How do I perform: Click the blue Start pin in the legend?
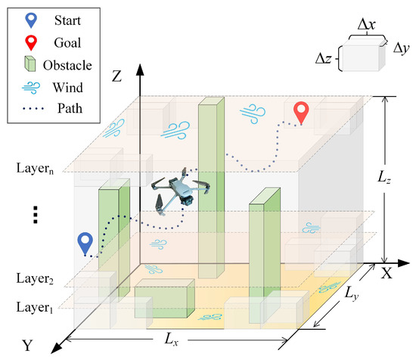pos(31,20)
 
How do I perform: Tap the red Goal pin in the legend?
pos(31,43)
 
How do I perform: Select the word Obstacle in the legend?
pos(67,65)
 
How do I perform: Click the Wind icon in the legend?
pos(31,88)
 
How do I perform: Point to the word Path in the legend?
pos(70,108)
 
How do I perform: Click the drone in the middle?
pos(180,191)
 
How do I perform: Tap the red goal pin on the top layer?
pos(301,113)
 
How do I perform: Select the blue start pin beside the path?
pos(85,244)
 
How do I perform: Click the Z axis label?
pos(117,76)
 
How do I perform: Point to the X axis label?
pos(387,273)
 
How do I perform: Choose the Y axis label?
pos(27,346)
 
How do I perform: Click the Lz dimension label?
pos(384,177)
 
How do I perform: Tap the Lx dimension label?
pos(171,340)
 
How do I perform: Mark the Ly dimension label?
pos(352,294)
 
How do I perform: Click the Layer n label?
pos(35,168)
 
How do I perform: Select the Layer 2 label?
pos(35,278)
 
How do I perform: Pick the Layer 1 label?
pos(35,308)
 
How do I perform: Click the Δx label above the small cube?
pos(366,25)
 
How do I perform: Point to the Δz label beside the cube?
pos(324,58)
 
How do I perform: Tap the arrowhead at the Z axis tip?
pos(140,70)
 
